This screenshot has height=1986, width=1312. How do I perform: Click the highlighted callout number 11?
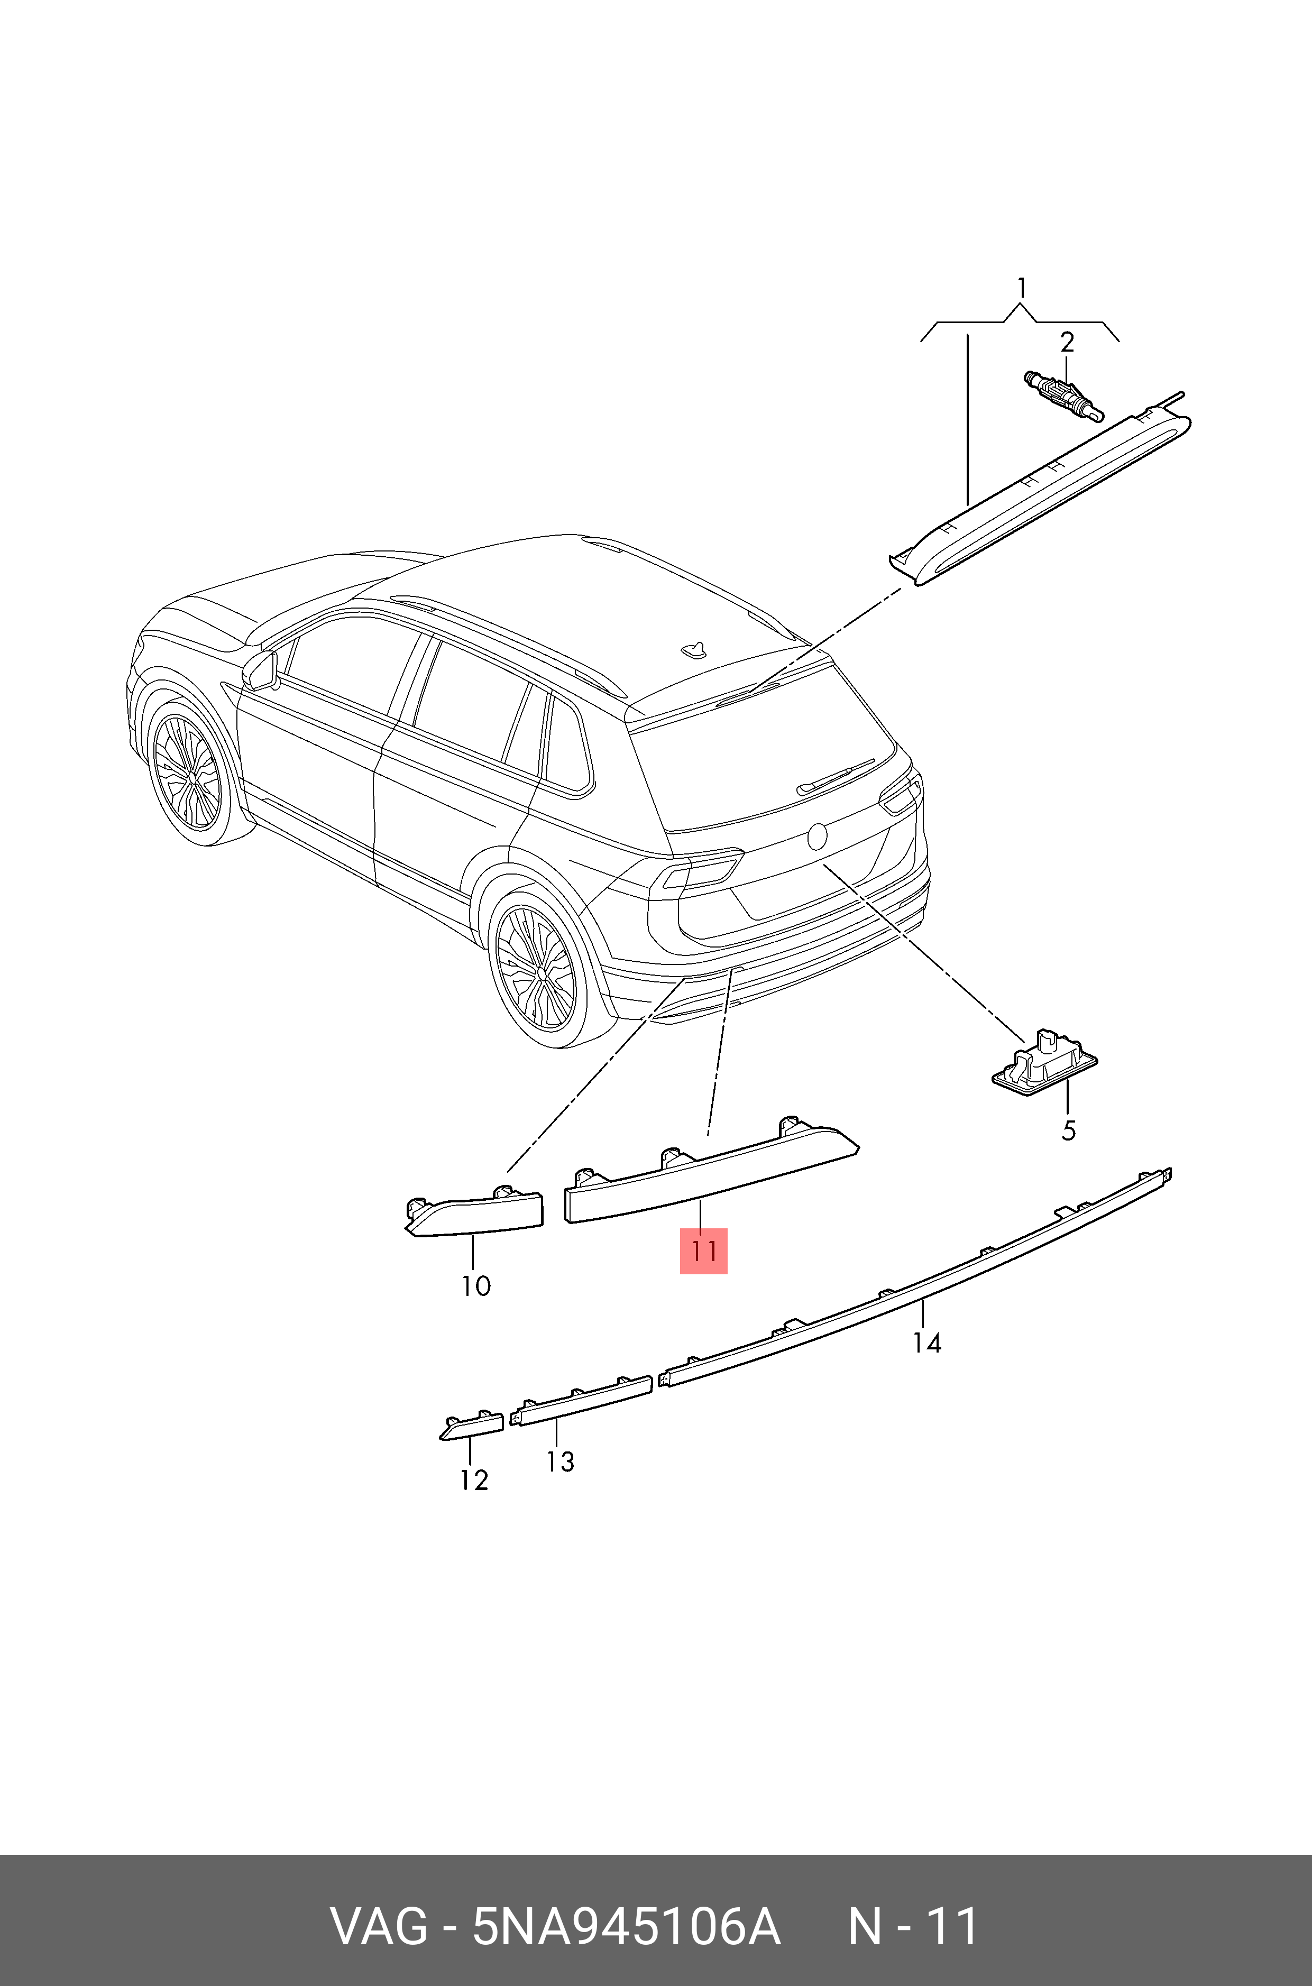(703, 1251)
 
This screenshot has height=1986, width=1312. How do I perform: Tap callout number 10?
(476, 1286)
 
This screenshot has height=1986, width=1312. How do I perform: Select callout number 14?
(926, 1343)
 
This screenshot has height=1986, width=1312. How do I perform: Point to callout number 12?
(474, 1480)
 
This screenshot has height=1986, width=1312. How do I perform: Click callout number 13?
(560, 1461)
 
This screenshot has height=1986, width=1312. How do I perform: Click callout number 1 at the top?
(1021, 289)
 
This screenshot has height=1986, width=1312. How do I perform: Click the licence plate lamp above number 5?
(1045, 1062)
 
